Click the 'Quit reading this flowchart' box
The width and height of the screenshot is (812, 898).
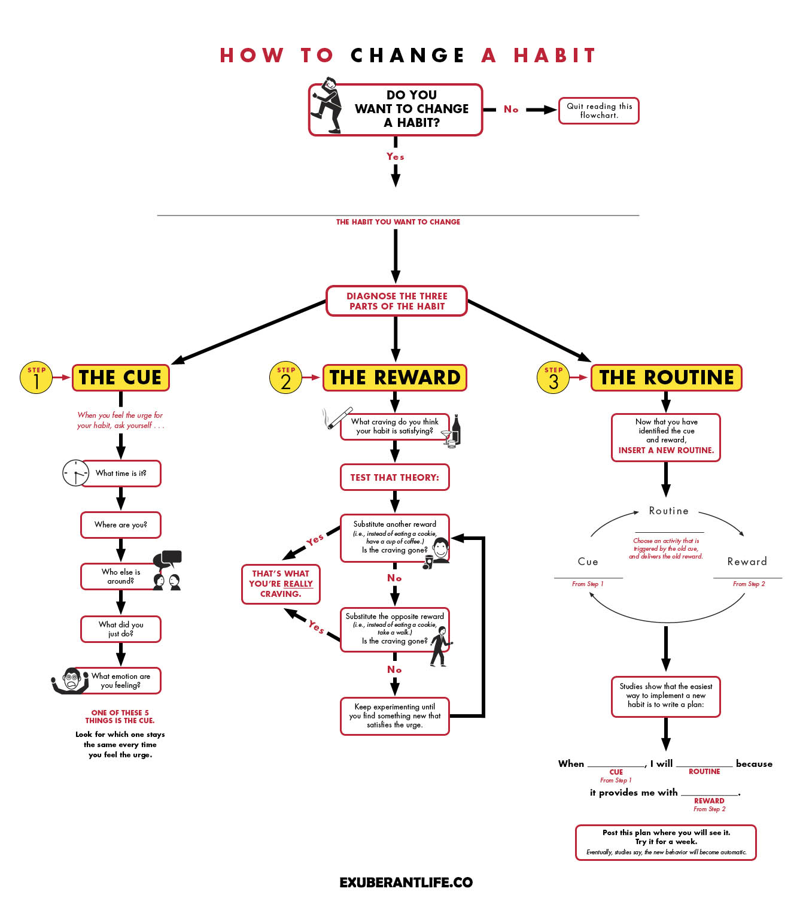598,111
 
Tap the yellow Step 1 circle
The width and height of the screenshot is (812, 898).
36,377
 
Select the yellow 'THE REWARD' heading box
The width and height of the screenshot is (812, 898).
395,378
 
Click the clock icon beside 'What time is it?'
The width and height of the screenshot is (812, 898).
75,473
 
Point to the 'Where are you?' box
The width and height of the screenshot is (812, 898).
121,525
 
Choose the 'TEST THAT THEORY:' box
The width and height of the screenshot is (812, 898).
395,478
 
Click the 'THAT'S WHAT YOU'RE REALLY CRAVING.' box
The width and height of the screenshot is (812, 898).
281,584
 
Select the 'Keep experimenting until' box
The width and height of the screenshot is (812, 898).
395,716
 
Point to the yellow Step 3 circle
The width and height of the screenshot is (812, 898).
554,377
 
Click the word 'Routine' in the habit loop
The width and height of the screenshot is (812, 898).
668,511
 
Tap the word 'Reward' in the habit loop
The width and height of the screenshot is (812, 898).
747,562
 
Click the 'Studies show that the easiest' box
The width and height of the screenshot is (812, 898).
666,696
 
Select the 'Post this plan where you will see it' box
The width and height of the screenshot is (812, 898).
666,842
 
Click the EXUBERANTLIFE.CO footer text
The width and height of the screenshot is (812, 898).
406,882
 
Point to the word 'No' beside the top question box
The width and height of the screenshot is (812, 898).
511,110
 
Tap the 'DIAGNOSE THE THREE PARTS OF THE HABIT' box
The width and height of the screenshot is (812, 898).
397,301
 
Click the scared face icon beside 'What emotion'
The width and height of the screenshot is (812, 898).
72,681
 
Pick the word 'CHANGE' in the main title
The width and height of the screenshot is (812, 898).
407,56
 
